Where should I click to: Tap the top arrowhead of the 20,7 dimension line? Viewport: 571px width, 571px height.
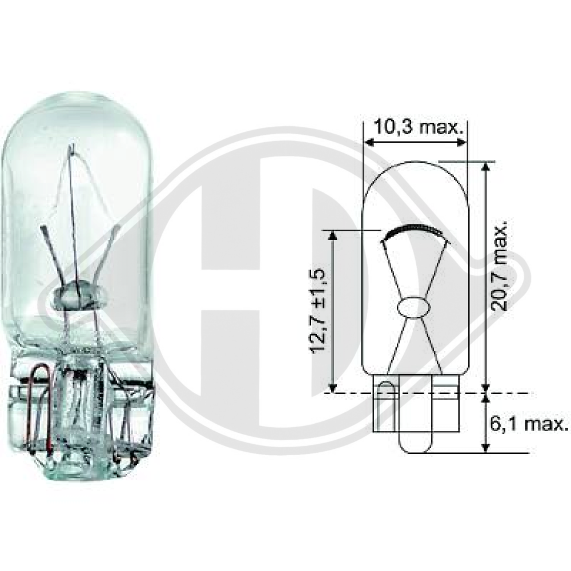[485, 166]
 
